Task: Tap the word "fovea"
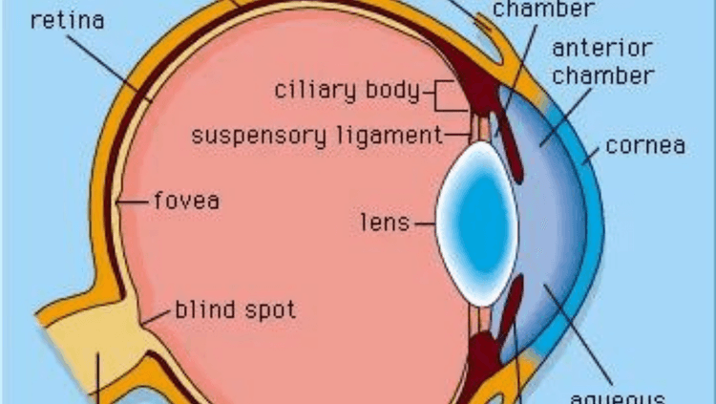(186, 202)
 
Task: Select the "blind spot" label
(235, 310)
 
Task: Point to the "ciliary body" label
(347, 92)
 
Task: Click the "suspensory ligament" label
(316, 135)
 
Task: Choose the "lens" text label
(385, 223)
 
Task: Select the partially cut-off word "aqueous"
(629, 396)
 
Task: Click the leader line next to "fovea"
(136, 202)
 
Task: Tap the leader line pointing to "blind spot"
(158, 314)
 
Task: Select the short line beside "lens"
(425, 223)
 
